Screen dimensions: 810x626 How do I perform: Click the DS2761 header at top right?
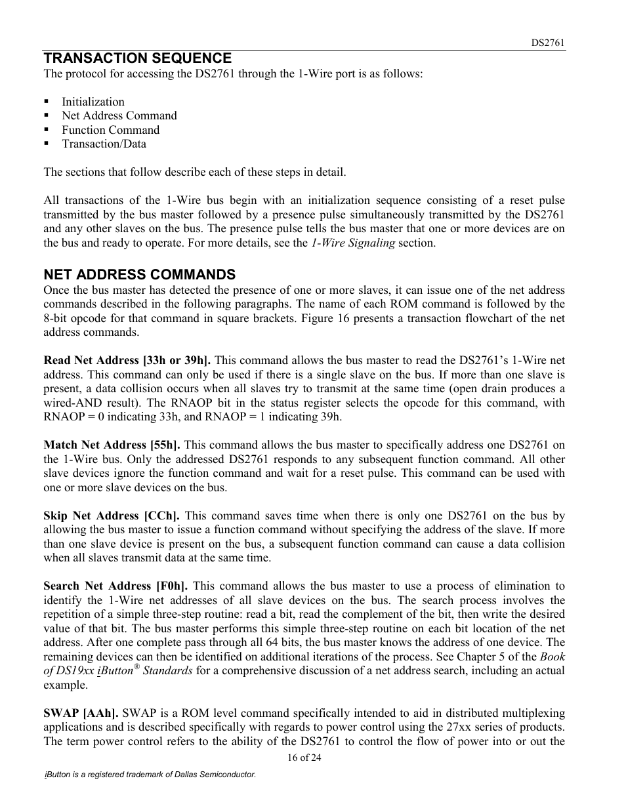(x=548, y=43)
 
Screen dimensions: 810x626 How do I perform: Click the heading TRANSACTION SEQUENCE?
(x=137, y=58)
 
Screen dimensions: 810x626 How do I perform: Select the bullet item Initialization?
(x=93, y=102)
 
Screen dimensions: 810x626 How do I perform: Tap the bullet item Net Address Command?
(x=119, y=115)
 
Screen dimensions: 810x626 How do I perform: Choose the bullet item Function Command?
(x=110, y=130)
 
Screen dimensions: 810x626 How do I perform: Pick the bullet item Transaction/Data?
(x=104, y=144)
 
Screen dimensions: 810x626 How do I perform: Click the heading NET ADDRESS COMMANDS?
(x=139, y=275)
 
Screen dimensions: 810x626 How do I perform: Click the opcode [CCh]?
(x=161, y=516)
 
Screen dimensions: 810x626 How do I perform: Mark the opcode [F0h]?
(x=171, y=586)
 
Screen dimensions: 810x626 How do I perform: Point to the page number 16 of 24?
(x=304, y=758)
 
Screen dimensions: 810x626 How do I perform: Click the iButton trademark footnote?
(x=150, y=775)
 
